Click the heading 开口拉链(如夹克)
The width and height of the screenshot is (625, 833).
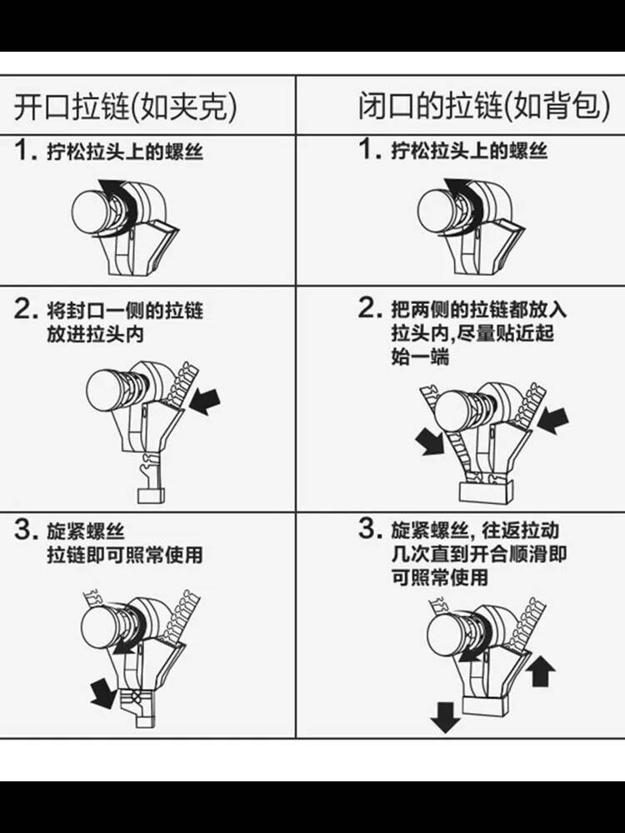click(126, 107)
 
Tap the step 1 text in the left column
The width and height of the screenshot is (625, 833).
click(109, 151)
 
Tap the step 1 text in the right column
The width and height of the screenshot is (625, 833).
click(452, 150)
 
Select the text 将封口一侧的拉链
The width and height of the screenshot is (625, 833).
click(125, 311)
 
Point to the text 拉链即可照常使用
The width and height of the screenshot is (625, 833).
click(125, 555)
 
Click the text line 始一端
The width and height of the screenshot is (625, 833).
click(420, 357)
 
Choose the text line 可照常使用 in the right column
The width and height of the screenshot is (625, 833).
click(439, 577)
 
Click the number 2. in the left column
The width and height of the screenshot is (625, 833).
click(27, 309)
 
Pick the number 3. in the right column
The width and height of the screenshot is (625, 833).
click(371, 529)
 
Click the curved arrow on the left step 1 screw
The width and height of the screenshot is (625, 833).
click(119, 205)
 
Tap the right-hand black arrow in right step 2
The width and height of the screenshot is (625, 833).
click(552, 421)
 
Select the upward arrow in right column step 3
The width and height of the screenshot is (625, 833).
click(541, 671)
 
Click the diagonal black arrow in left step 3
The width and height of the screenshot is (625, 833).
click(102, 693)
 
